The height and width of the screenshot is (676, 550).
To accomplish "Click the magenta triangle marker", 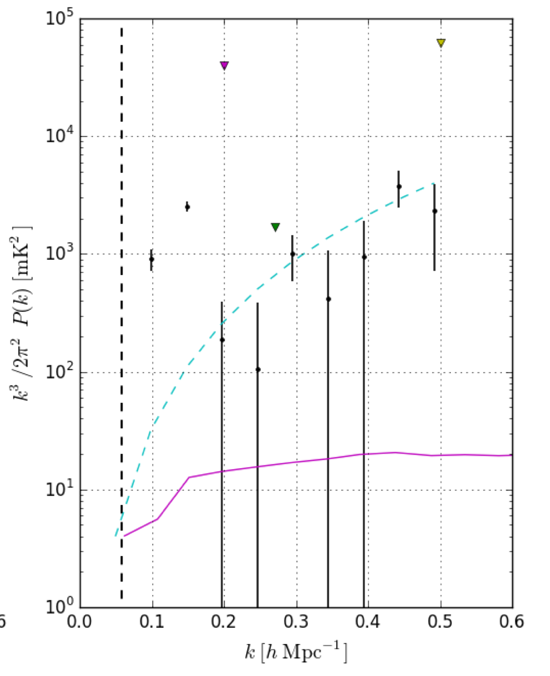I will (x=224, y=66).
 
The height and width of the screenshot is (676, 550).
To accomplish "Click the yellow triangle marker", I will (x=441, y=43).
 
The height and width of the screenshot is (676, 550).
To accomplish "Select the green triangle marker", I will (x=276, y=227).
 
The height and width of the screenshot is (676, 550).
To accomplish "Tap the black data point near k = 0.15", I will (x=187, y=207).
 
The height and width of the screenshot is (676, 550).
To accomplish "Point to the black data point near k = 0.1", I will (x=152, y=259).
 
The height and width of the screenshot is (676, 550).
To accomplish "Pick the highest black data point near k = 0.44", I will (x=399, y=186).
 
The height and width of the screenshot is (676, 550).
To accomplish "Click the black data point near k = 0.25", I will (x=258, y=369).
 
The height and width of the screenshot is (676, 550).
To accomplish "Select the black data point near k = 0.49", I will (x=435, y=211).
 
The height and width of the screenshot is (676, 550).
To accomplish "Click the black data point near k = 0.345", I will (x=329, y=299).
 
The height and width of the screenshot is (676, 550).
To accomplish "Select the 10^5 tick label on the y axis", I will (x=58, y=20).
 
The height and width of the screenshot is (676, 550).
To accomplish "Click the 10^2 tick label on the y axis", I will (x=58, y=374).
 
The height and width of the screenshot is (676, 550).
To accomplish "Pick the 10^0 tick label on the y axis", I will (x=58, y=609).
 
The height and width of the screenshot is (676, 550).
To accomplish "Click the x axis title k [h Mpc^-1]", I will (x=296, y=653).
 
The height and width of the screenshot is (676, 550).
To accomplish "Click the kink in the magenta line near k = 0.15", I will (x=188, y=477).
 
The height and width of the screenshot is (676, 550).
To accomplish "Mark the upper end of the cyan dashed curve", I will (x=433, y=183).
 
